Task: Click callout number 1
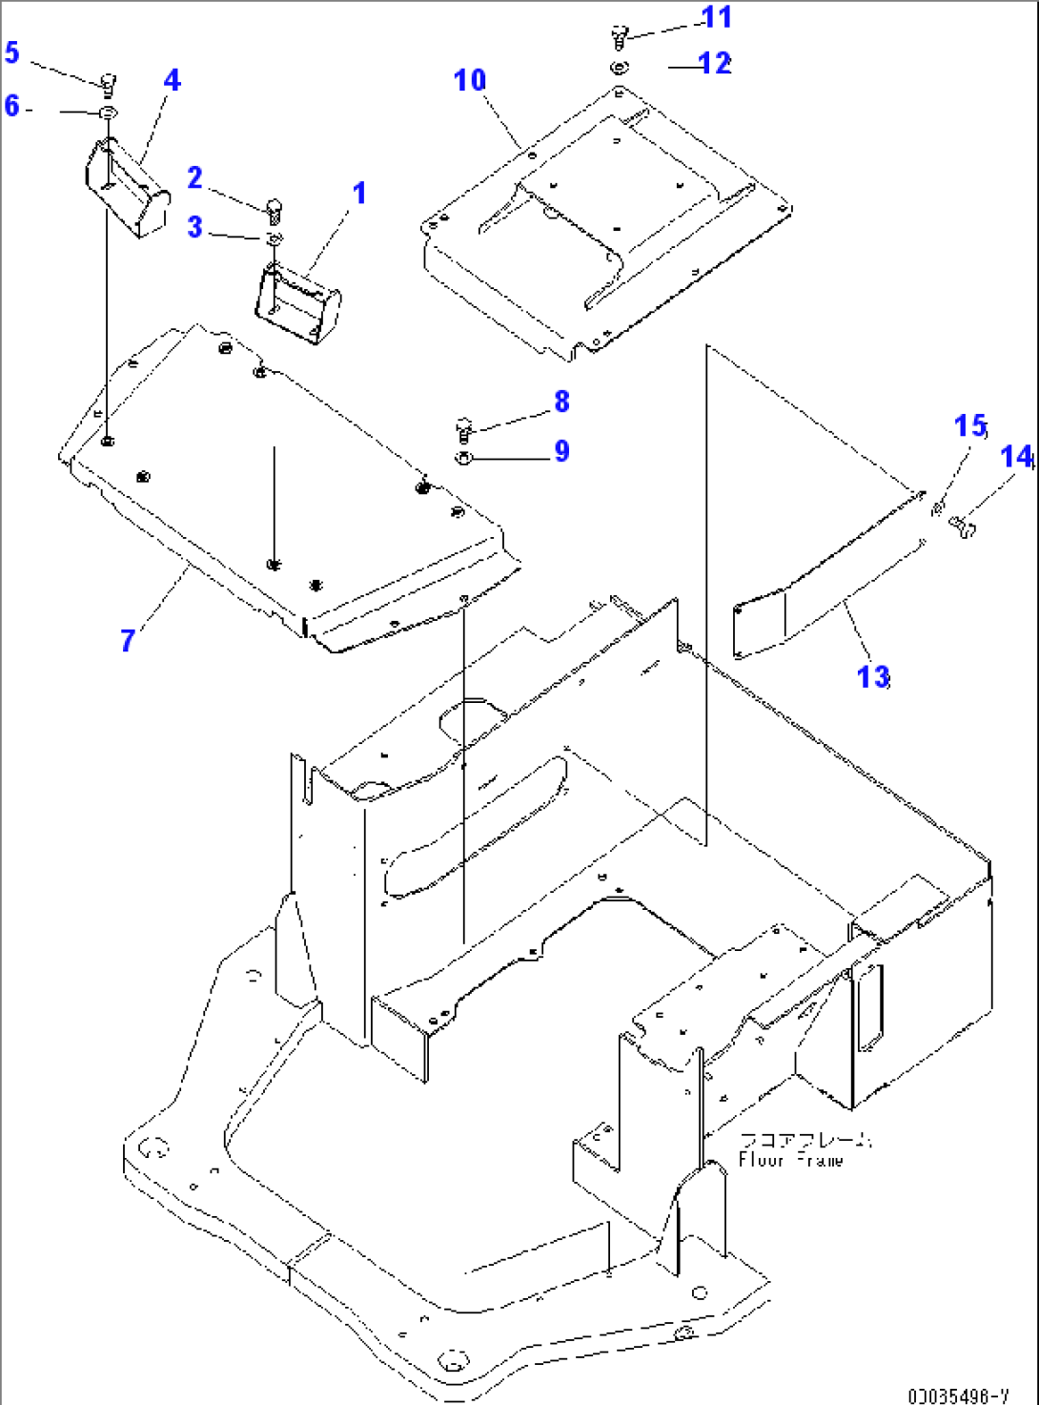click(359, 194)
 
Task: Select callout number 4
click(172, 80)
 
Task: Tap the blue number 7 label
click(128, 639)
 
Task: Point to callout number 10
click(470, 80)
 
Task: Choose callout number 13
click(873, 676)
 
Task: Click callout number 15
click(970, 425)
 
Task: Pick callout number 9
click(561, 451)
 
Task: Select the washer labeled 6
click(108, 114)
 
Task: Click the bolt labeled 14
click(962, 524)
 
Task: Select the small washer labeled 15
click(938, 506)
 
